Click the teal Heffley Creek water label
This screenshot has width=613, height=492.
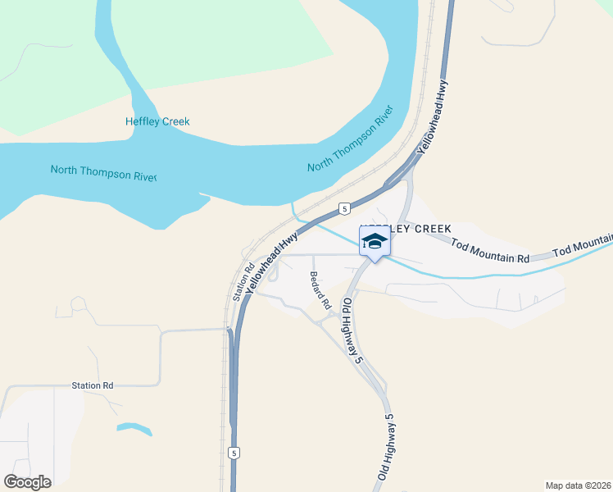[157, 121]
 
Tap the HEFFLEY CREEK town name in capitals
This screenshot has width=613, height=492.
[406, 228]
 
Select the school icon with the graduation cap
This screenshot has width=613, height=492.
[375, 242]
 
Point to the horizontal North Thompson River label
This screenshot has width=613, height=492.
[103, 171]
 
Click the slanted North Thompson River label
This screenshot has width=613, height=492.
[352, 139]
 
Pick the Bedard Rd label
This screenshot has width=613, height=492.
[319, 289]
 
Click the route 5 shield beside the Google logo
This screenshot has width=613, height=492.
[234, 453]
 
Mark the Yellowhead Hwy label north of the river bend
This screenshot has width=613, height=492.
[434, 116]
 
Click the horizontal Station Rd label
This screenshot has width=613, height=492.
[92, 385]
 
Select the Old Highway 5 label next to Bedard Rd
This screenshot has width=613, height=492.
[352, 330]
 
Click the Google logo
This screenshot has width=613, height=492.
[27, 482]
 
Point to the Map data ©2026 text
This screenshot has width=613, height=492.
[578, 485]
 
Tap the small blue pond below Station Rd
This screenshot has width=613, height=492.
[134, 427]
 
